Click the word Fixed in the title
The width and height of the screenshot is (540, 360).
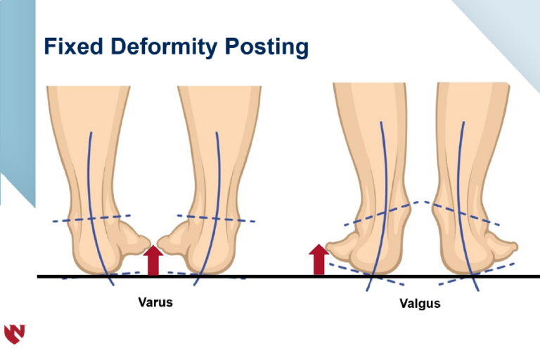pos(73,46)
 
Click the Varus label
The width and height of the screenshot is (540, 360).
pos(155,302)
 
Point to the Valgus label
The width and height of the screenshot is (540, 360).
pos(420,304)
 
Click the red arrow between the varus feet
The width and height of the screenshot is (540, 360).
pos(153,260)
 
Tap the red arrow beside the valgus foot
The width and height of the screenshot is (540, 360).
pos(319,259)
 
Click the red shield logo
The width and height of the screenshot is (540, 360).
pos(15,334)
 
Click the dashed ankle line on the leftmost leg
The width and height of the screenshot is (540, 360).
pos(91,219)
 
